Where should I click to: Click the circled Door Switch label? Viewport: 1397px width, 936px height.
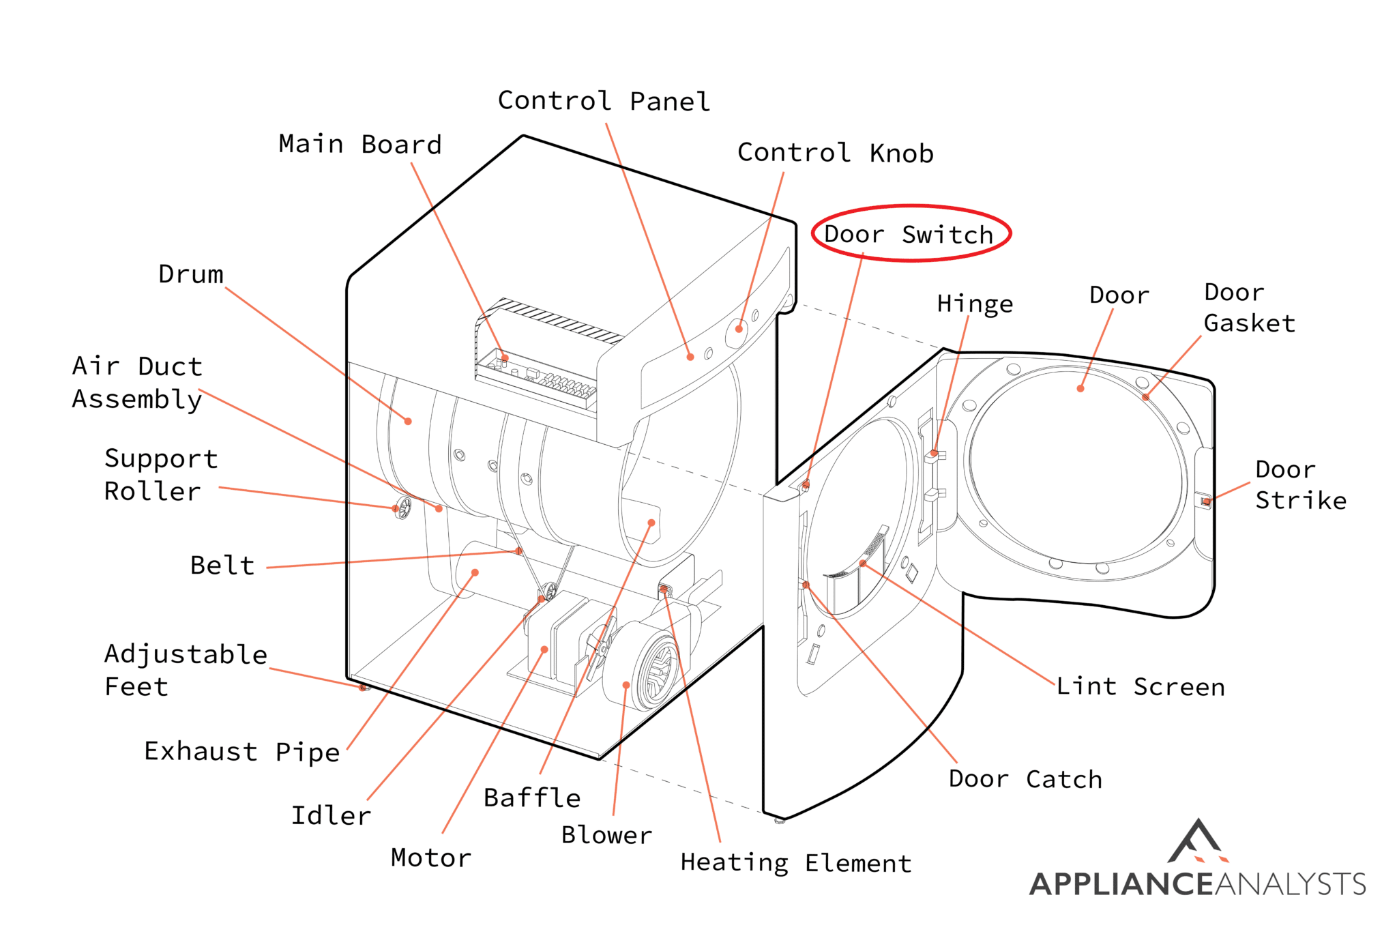point(909,234)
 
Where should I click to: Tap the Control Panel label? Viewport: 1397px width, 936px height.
point(604,101)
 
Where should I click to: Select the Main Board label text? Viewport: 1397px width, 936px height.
point(360,145)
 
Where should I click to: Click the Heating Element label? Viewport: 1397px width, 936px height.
point(795,863)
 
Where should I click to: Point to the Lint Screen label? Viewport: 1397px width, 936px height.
point(1140,686)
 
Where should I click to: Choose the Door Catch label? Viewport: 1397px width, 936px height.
point(1025,779)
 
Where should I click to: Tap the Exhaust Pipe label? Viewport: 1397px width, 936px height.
point(241,752)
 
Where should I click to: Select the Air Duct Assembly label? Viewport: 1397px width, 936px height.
point(137,383)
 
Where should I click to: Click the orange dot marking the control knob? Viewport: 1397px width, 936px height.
point(739,329)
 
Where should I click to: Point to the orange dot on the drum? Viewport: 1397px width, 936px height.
point(408,422)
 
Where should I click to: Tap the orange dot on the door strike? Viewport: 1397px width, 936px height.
point(1206,502)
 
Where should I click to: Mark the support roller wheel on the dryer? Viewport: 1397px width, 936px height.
point(403,508)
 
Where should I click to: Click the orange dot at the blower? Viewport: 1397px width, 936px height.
point(626,685)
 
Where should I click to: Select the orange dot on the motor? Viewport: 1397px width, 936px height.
point(544,649)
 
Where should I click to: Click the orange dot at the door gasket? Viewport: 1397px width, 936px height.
point(1145,397)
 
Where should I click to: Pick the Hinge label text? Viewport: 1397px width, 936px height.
point(974,304)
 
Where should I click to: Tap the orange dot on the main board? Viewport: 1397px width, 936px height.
point(505,357)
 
